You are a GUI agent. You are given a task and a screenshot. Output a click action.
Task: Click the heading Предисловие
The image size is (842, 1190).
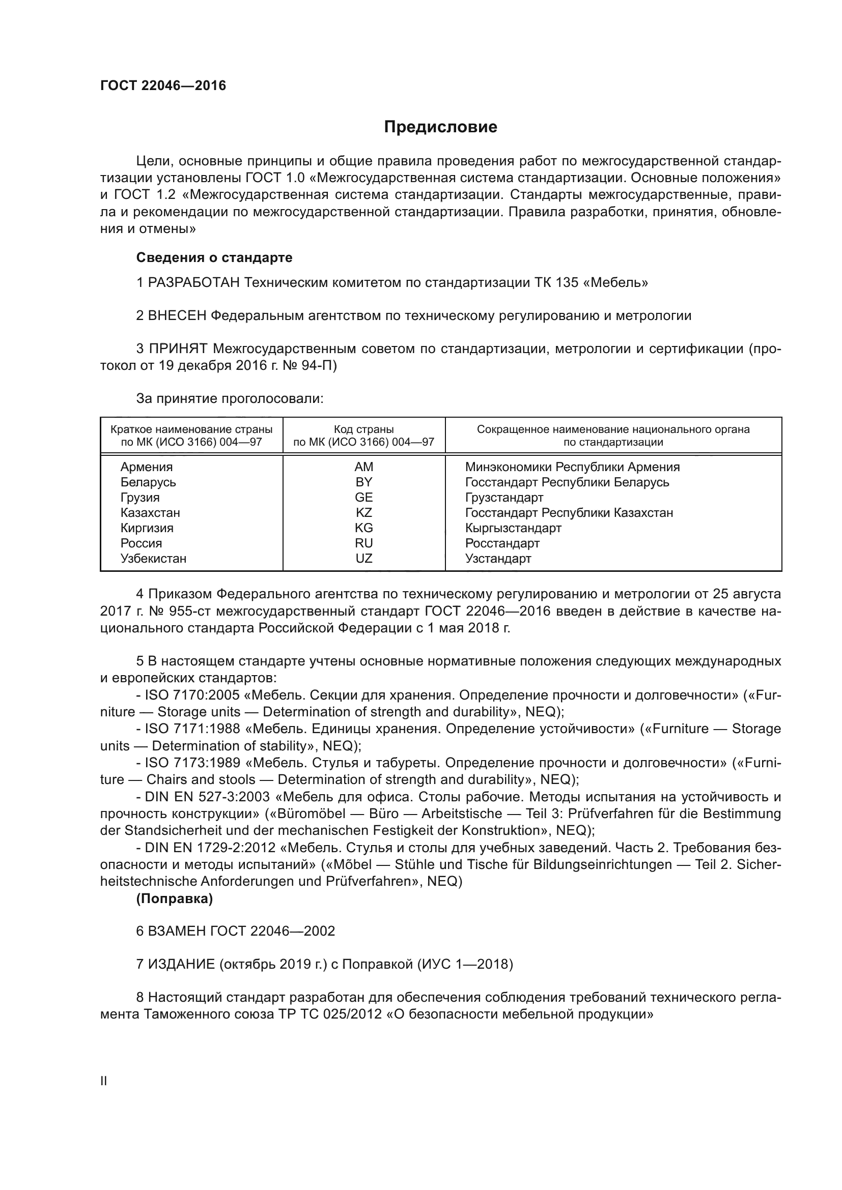(x=440, y=127)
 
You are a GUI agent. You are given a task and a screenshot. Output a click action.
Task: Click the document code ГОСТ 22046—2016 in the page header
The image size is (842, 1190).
(x=163, y=85)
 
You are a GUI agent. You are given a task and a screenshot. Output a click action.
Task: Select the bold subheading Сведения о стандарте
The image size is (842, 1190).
(x=214, y=257)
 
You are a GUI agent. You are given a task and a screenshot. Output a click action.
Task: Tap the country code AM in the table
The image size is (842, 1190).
(x=363, y=467)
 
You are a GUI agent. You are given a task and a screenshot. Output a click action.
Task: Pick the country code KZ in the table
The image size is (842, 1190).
(x=363, y=513)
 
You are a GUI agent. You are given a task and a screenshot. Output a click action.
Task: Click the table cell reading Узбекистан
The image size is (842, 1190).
(x=153, y=559)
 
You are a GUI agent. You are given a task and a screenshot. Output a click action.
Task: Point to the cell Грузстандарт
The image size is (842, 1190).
(x=504, y=498)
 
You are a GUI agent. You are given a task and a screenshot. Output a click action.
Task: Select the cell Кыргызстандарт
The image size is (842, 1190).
(x=513, y=528)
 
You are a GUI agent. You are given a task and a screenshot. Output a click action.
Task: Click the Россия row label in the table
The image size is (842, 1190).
(x=141, y=543)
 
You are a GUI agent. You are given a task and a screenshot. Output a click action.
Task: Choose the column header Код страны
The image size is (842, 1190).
(x=363, y=429)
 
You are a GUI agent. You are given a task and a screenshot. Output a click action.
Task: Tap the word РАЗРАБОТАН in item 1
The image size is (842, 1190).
(x=194, y=283)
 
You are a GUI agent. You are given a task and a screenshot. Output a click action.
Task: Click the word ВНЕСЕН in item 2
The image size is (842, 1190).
(x=177, y=315)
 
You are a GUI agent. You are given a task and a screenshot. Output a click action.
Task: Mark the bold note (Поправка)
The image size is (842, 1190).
(x=175, y=898)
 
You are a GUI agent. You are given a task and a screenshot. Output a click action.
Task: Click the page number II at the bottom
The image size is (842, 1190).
(x=104, y=1081)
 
